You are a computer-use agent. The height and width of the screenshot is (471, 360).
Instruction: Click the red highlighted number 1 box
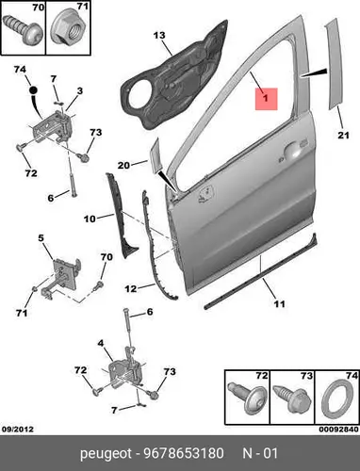(x=266, y=99)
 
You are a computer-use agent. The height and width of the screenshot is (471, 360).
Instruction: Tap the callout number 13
(x=159, y=35)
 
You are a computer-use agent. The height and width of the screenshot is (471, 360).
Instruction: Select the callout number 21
(x=343, y=136)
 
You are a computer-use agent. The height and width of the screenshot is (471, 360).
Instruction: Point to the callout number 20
(x=123, y=165)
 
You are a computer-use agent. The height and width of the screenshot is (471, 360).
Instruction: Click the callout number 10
(x=90, y=219)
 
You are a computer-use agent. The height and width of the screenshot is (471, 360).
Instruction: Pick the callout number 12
(x=131, y=288)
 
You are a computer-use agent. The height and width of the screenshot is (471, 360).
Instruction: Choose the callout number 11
(x=279, y=303)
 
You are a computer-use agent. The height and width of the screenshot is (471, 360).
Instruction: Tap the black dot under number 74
(x=33, y=90)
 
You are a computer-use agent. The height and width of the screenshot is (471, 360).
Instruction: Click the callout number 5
(x=41, y=238)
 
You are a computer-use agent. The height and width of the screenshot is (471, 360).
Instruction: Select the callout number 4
(x=101, y=344)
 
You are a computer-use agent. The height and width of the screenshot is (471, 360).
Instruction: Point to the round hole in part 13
(x=138, y=93)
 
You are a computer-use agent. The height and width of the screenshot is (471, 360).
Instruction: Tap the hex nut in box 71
(x=68, y=29)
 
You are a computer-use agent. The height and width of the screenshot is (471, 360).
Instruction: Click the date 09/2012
(x=18, y=430)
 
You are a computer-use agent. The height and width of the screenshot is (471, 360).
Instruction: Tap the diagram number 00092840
(x=338, y=430)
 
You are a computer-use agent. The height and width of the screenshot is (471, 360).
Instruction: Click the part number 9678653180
(x=184, y=454)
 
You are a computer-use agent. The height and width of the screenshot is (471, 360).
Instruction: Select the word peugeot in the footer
(x=106, y=454)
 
